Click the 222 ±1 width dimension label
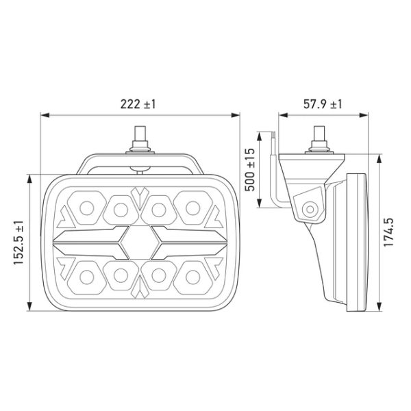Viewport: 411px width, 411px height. tap(138, 104)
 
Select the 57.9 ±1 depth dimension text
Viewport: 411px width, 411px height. tap(323, 104)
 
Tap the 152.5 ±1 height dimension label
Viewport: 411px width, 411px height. tap(19, 242)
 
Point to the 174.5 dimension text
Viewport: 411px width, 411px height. tap(388, 232)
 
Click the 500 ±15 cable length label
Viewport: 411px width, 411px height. tap(249, 170)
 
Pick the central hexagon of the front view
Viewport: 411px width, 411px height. tap(140, 242)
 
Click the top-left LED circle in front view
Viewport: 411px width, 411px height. tap(87, 208)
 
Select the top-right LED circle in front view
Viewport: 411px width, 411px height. tap(193, 208)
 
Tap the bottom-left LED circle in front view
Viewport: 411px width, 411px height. tap(87, 277)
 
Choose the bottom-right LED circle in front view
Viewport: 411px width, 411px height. tap(193, 277)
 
